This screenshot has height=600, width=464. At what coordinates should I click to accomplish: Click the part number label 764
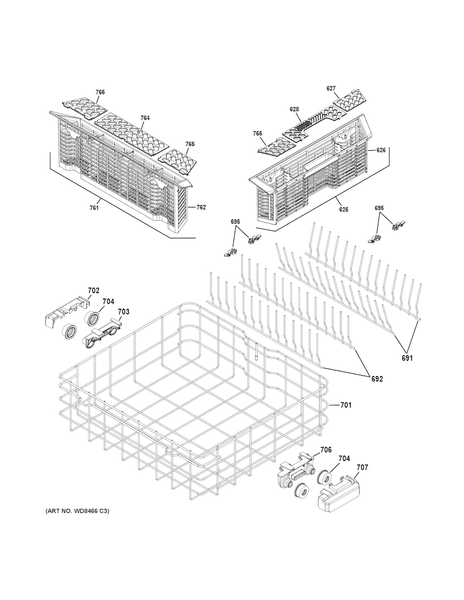point(145,118)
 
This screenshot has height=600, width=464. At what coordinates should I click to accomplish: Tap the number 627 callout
point(331,89)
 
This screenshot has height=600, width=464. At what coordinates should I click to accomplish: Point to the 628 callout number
point(294,109)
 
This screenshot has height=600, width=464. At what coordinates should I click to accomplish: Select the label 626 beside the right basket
point(381,150)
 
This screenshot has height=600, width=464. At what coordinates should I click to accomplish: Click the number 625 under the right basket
point(344,210)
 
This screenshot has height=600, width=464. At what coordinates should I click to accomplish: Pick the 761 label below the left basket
point(94,208)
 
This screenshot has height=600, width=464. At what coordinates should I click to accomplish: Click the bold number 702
point(94,290)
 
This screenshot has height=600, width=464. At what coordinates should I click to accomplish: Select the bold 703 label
point(123,312)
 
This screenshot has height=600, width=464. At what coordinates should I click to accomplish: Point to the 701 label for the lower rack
point(346,405)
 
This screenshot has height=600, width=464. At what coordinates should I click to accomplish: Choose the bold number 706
point(326,450)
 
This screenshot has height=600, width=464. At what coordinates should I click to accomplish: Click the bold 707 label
point(362,467)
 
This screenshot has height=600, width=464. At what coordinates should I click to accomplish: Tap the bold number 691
point(407,358)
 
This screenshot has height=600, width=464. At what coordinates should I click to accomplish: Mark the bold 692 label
point(377,379)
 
